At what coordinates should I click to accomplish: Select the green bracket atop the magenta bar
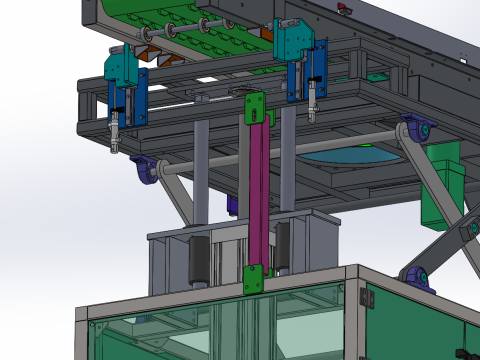point(255,106)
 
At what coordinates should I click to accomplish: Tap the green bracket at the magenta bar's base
point(254,279)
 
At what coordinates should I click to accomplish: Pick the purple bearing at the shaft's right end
point(417,130)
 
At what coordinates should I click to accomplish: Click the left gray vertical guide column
point(201,170)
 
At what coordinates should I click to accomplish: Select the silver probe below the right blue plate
point(312,104)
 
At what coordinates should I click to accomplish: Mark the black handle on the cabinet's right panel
point(462,352)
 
